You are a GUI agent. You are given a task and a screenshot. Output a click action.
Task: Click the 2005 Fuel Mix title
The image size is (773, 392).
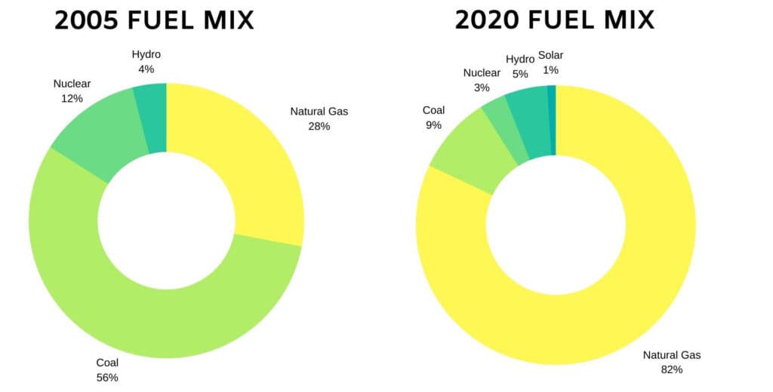(x=154, y=20)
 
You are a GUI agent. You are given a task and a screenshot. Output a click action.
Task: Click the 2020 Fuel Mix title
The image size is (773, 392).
(x=555, y=20)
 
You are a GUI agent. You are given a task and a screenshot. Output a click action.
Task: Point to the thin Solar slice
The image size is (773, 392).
(x=552, y=120)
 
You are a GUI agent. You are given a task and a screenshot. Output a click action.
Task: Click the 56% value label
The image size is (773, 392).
(x=107, y=377)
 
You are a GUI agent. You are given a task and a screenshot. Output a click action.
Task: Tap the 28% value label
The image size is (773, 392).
(x=319, y=126)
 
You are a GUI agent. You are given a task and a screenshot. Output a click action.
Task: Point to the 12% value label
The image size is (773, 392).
(x=72, y=98)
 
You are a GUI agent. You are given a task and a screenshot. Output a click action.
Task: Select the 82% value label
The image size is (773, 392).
(x=672, y=369)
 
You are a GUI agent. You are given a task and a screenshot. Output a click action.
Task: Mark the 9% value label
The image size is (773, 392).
(x=433, y=125)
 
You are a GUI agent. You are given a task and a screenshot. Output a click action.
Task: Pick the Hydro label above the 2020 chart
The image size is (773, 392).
(x=519, y=60)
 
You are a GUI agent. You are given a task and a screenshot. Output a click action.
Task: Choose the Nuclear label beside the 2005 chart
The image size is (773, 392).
(x=72, y=84)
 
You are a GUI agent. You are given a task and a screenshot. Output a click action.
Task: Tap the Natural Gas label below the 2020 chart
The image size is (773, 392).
(x=672, y=355)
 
